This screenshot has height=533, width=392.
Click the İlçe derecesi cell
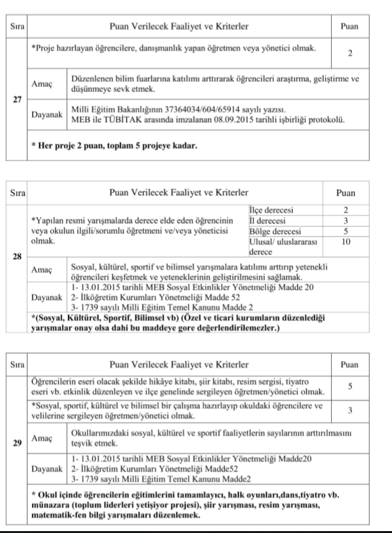(x=269, y=209)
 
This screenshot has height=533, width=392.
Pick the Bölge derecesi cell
(x=271, y=231)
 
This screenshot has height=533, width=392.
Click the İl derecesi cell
(x=265, y=220)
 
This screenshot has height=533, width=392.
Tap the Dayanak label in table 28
(x=46, y=298)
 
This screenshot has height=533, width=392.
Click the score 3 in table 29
(x=350, y=411)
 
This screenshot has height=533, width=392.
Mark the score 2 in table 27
(x=350, y=52)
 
